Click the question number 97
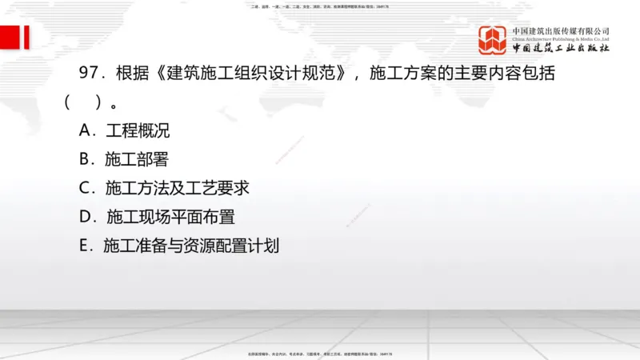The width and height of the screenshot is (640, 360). coord(89,74)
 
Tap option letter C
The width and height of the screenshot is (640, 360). coord(86,188)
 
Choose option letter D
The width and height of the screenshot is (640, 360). coord(86,217)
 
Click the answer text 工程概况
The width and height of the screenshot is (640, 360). coord(138,130)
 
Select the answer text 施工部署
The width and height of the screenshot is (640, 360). coord(137,159)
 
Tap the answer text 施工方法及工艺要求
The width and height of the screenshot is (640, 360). coord(178,188)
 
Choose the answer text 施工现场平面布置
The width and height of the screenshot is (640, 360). coord(170,217)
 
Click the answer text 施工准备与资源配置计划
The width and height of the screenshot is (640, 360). coord(191,246)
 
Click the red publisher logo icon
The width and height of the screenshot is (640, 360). coord(493,39)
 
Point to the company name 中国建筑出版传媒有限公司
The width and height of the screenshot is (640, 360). coord(561,30)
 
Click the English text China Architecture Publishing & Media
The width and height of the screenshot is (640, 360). coord(561,38)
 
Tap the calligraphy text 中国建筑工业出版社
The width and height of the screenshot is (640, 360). coord(561,49)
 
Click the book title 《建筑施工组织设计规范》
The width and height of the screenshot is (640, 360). coord(253,74)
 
